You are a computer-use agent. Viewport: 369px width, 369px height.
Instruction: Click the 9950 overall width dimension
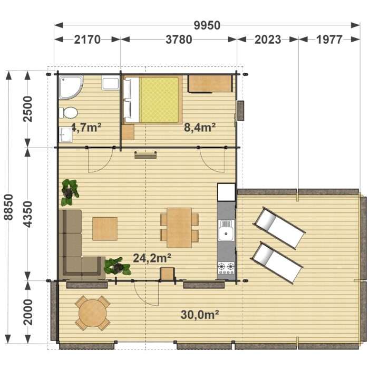[x=207, y=25]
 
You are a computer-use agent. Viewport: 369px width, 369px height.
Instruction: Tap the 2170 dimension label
[x=88, y=40]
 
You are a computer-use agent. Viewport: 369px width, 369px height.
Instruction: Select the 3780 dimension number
[x=179, y=40]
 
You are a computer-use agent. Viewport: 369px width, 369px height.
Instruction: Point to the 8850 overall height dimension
[x=9, y=207]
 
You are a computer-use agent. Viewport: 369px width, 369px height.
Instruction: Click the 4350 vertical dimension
[x=28, y=214]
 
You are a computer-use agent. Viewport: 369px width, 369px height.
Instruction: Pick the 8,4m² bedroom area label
[x=200, y=128]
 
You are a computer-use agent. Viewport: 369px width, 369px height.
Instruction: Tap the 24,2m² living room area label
[x=152, y=258]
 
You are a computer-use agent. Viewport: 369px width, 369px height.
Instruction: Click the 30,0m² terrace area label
[x=200, y=315]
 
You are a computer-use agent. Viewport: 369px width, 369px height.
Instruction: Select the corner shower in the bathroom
[x=71, y=88]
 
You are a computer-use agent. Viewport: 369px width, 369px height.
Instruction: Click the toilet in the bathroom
[x=68, y=113]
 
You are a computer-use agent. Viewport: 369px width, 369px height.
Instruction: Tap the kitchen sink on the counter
[x=226, y=230]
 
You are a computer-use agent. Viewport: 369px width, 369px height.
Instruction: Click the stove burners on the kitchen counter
[x=226, y=268]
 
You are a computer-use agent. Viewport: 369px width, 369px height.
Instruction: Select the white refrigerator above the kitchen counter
[x=226, y=192]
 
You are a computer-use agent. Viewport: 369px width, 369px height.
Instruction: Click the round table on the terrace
[x=92, y=313]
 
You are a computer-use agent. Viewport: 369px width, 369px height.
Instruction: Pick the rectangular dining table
[x=179, y=228]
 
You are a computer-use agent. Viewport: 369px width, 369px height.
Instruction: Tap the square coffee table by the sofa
[x=105, y=229]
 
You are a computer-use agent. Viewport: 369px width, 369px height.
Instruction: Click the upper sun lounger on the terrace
[x=279, y=228]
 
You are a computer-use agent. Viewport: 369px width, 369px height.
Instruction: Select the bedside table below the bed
[x=128, y=132]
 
